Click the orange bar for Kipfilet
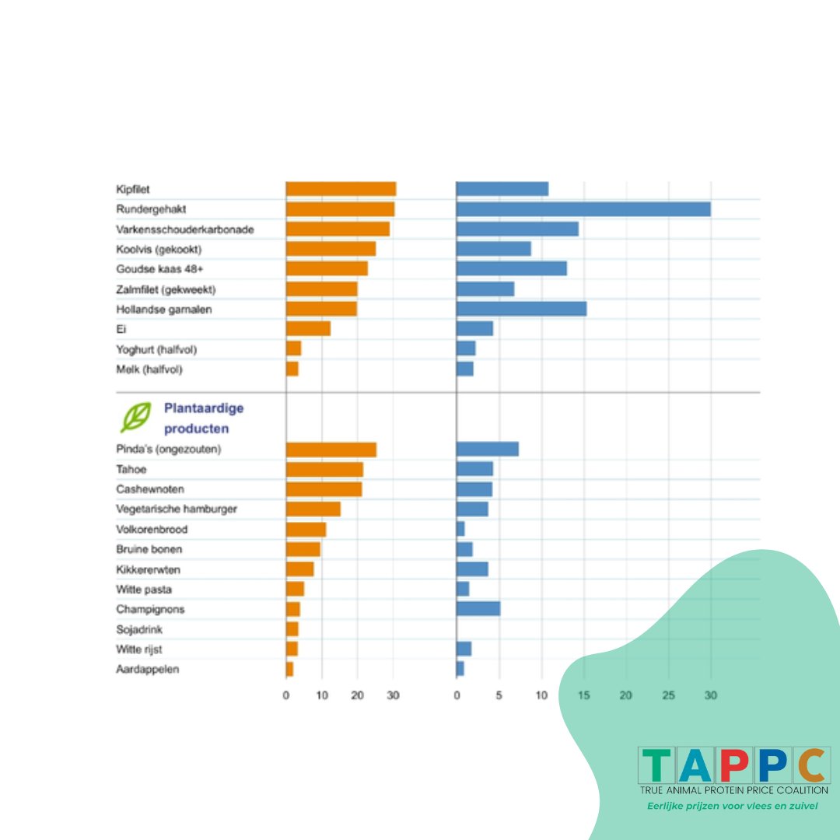click(x=341, y=189)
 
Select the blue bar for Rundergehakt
click(x=583, y=209)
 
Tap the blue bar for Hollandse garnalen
click(x=521, y=309)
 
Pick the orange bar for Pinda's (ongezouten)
click(x=331, y=450)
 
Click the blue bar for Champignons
click(x=478, y=609)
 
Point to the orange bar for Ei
click(x=308, y=329)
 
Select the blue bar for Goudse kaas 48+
click(x=511, y=268)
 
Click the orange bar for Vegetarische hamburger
click(x=313, y=509)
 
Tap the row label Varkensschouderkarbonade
click(x=185, y=229)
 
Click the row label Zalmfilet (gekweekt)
click(x=166, y=289)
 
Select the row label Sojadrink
click(x=140, y=629)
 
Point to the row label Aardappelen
click(x=148, y=670)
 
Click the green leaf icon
click(x=135, y=418)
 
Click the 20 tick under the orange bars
click(x=357, y=695)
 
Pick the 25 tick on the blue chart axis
click(x=668, y=695)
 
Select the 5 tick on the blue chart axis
click(x=499, y=695)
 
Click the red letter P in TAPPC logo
click(x=733, y=765)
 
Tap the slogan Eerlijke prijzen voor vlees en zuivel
click(x=733, y=806)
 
